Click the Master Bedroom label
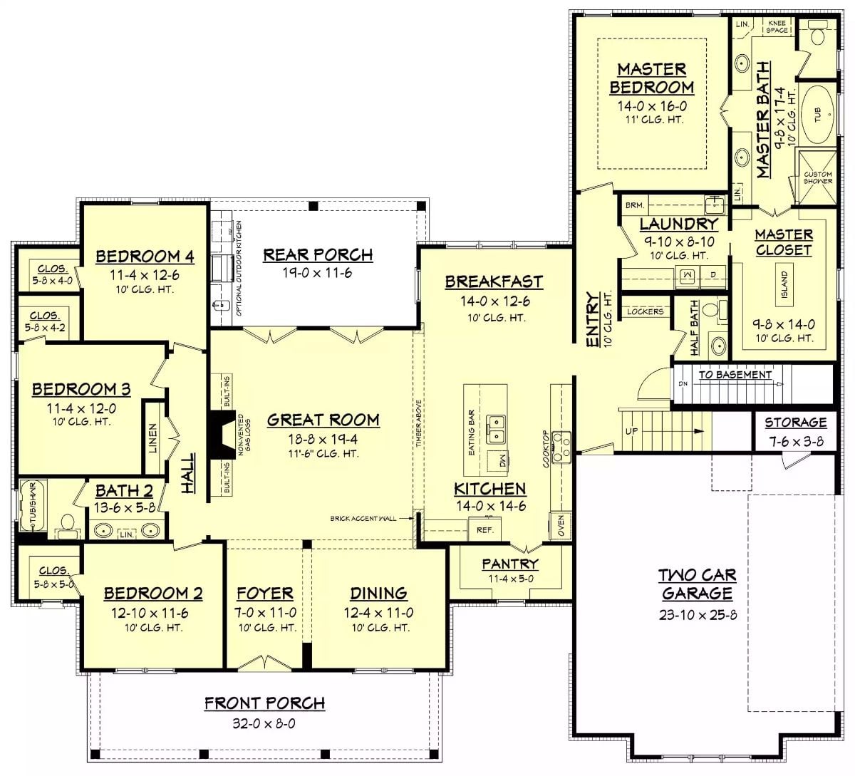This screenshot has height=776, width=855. (x=651, y=78)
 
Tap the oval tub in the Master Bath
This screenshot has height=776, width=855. (x=817, y=114)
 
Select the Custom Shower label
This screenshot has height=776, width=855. (x=817, y=177)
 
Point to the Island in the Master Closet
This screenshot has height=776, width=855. (x=784, y=285)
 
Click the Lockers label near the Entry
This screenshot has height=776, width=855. (x=645, y=311)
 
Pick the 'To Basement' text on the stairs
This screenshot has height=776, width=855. (x=735, y=375)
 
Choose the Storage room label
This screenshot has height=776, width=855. (x=795, y=423)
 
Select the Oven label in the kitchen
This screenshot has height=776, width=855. (x=561, y=526)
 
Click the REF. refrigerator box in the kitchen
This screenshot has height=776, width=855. (x=484, y=529)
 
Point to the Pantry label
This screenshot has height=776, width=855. (x=509, y=564)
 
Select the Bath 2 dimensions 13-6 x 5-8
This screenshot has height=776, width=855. (x=124, y=508)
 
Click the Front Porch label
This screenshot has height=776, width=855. (x=264, y=703)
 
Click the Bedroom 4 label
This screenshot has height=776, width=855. (x=144, y=256)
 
